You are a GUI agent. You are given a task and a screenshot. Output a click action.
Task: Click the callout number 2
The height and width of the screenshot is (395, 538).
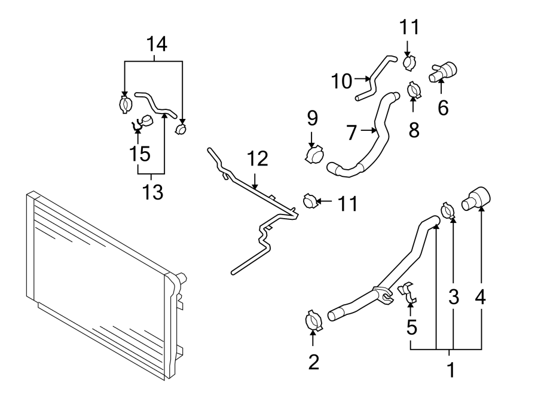(313, 362)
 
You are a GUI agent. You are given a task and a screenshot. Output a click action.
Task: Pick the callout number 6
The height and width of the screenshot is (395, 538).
(442, 108)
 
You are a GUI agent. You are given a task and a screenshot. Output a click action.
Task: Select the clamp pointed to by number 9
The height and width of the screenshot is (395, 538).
(313, 155)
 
